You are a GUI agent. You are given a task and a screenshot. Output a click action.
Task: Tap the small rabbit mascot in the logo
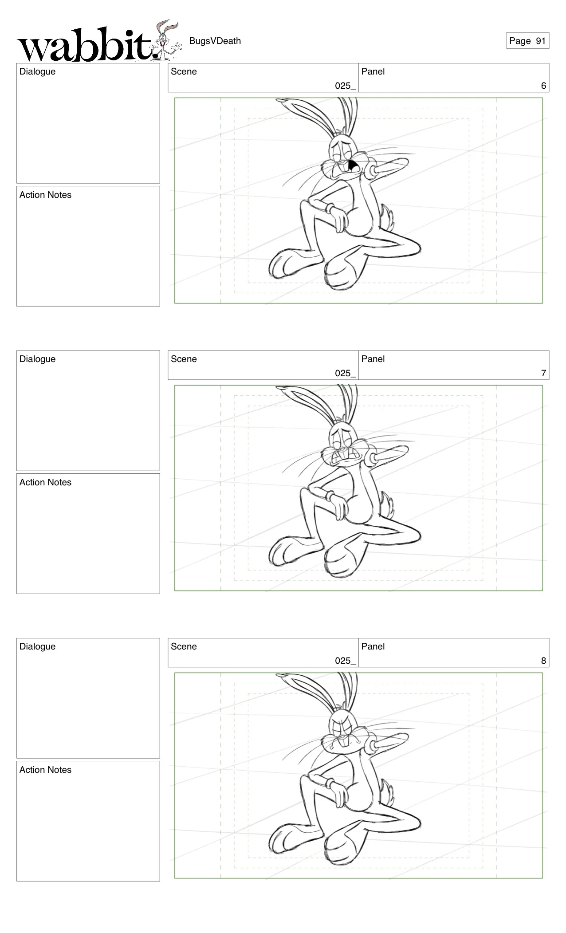(x=166, y=40)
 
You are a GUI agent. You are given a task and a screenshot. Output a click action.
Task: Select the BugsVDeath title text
(x=215, y=41)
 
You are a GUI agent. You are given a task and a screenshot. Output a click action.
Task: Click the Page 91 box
(x=527, y=41)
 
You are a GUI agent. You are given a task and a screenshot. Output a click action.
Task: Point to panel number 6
(x=543, y=86)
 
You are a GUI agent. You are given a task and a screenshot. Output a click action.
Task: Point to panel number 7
(x=543, y=373)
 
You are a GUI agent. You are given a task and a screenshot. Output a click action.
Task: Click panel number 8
(x=543, y=661)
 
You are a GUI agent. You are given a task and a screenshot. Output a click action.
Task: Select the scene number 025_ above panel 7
(x=345, y=373)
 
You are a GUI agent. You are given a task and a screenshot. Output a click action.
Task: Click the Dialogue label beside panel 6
(x=37, y=71)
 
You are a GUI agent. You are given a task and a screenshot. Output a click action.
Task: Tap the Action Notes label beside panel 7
(x=45, y=482)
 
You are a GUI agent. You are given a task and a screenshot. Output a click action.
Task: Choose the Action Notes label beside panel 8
(x=45, y=770)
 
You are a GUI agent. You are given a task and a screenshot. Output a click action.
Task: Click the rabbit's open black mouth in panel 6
(x=354, y=166)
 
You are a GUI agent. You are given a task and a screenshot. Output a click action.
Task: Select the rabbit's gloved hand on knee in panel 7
(x=338, y=505)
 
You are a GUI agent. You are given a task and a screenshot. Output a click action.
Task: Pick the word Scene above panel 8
(x=184, y=646)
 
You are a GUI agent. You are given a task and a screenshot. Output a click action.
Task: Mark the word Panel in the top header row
(x=373, y=71)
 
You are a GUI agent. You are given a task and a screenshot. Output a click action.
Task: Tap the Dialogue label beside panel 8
(x=37, y=646)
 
